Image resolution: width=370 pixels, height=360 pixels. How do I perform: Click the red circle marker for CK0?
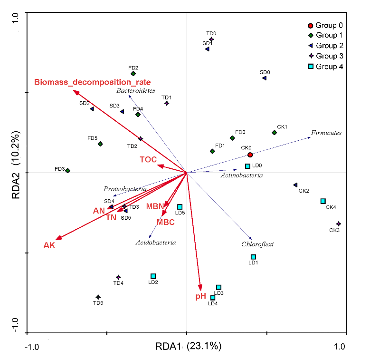(250, 155)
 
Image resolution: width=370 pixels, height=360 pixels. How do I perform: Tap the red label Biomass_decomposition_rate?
(93, 82)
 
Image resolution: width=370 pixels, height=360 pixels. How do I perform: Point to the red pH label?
(200, 296)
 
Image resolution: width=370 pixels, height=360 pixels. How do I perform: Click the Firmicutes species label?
(326, 133)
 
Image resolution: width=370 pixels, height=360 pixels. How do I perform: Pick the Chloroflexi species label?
(257, 244)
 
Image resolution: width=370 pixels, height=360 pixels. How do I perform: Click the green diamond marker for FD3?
(68, 171)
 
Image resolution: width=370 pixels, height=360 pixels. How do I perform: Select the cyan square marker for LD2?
(153, 276)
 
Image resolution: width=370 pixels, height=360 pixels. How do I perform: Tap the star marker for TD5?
(98, 297)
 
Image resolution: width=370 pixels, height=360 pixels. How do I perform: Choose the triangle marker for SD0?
(265, 78)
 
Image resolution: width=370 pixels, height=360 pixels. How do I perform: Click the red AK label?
(49, 245)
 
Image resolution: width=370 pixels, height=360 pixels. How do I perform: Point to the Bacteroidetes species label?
(136, 91)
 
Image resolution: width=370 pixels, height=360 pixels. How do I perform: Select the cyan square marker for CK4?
(323, 201)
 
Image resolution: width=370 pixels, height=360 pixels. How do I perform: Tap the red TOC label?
(148, 160)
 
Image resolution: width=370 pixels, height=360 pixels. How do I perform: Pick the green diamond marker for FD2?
(133, 74)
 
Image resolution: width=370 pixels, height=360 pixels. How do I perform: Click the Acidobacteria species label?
(156, 243)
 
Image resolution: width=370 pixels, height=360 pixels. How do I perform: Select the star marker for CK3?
(339, 224)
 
